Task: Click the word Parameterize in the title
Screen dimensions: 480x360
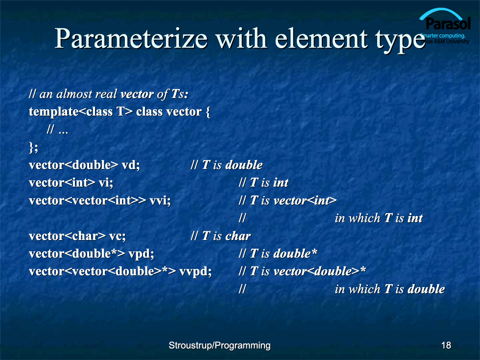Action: pos(131,39)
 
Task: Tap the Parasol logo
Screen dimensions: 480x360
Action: pos(445,26)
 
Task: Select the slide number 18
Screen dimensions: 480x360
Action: pos(446,345)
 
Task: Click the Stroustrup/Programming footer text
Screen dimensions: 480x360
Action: pos(219,346)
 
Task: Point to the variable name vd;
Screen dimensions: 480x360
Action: pos(131,166)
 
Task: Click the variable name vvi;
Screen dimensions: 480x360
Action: pos(160,201)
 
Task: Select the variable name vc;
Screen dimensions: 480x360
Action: pos(117,236)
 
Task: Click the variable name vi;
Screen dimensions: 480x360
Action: pos(106,183)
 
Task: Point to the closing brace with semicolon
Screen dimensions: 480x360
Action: pos(33,148)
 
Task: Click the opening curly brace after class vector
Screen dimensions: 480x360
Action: pos(208,112)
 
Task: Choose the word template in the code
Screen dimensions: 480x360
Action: pos(54,112)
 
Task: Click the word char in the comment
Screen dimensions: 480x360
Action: pos(238,236)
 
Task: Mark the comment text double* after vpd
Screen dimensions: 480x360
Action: pos(295,254)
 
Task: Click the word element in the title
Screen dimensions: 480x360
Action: pos(321,39)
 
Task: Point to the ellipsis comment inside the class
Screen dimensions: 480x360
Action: pos(57,130)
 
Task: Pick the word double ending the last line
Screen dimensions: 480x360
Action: pos(426,289)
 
